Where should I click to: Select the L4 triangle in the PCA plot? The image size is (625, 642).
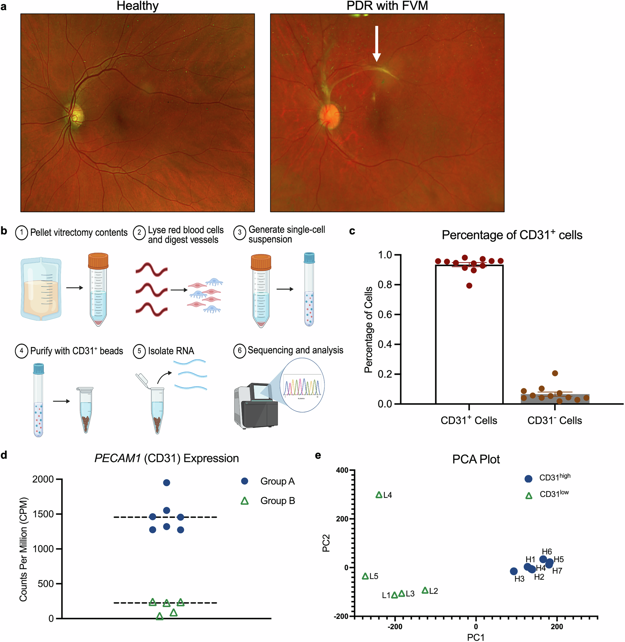379,495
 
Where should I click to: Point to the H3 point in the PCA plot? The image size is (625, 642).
514,571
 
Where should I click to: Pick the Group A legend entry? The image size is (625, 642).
267,481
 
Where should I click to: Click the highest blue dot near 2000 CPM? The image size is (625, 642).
166,483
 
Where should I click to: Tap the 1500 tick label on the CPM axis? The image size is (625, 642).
43,514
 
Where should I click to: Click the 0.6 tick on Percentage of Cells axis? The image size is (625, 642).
384,315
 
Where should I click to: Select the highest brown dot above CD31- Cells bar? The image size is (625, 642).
555,373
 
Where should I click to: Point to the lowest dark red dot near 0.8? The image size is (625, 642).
469,286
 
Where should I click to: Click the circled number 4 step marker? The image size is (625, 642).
21,351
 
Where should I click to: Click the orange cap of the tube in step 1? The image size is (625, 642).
98,261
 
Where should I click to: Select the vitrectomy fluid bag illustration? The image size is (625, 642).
41,289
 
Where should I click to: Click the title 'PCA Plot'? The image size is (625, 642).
476,459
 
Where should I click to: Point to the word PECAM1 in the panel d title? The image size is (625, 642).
117,458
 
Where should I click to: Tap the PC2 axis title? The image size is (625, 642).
326,543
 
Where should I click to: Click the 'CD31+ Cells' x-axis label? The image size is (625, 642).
469,421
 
